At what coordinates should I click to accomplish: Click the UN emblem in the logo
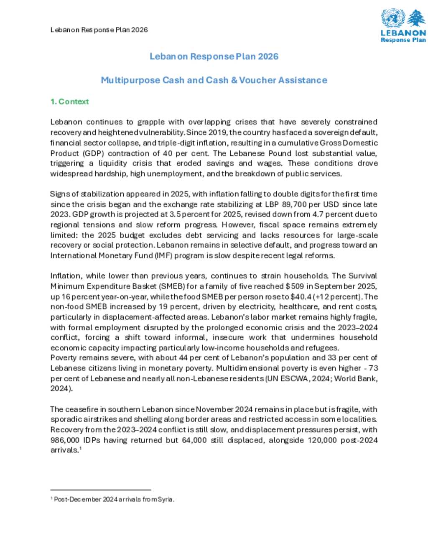tap(393, 18)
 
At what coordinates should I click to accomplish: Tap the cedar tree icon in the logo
tap(416, 18)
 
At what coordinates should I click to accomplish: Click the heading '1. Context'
tap(69, 102)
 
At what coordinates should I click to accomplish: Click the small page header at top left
tap(99, 30)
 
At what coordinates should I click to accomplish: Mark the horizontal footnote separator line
tap(100, 490)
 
